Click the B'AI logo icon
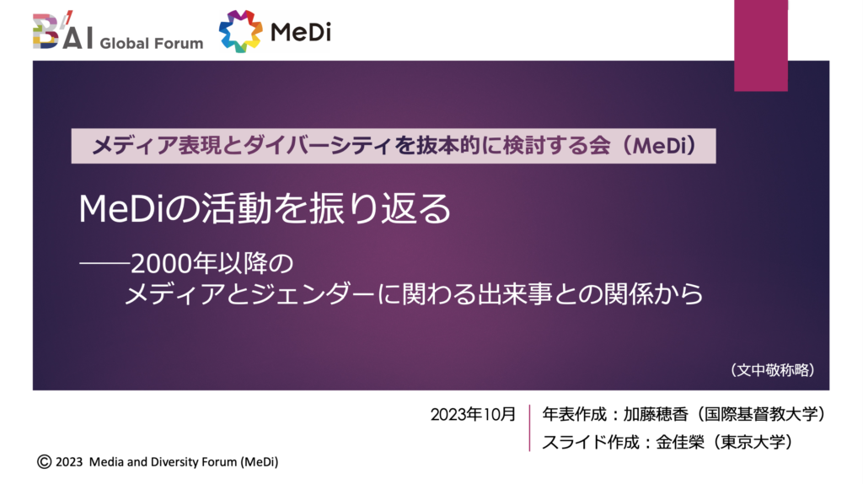click(62, 31)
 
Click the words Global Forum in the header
click(152, 43)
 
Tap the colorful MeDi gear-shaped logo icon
click(240, 31)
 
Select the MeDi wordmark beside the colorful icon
click(301, 32)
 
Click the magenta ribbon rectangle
click(761, 46)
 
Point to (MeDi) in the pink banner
click(661, 146)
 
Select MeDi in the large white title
click(121, 209)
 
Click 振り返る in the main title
click(380, 208)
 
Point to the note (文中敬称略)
click(773, 369)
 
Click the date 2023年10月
click(473, 414)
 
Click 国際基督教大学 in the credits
click(760, 414)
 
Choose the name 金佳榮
click(680, 442)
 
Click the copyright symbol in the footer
click(44, 461)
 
